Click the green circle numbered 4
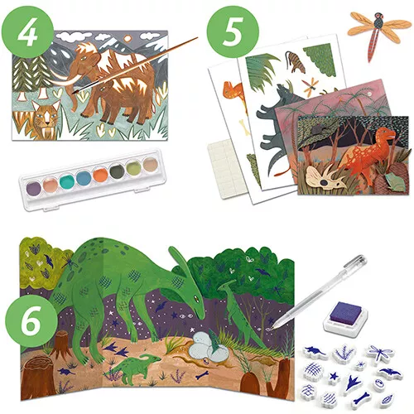28,32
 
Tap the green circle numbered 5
233,32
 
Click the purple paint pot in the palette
34,188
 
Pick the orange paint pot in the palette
100,175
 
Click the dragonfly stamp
379,354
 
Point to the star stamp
334,376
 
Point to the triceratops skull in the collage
325,176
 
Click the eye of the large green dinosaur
196,297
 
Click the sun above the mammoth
128,39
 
